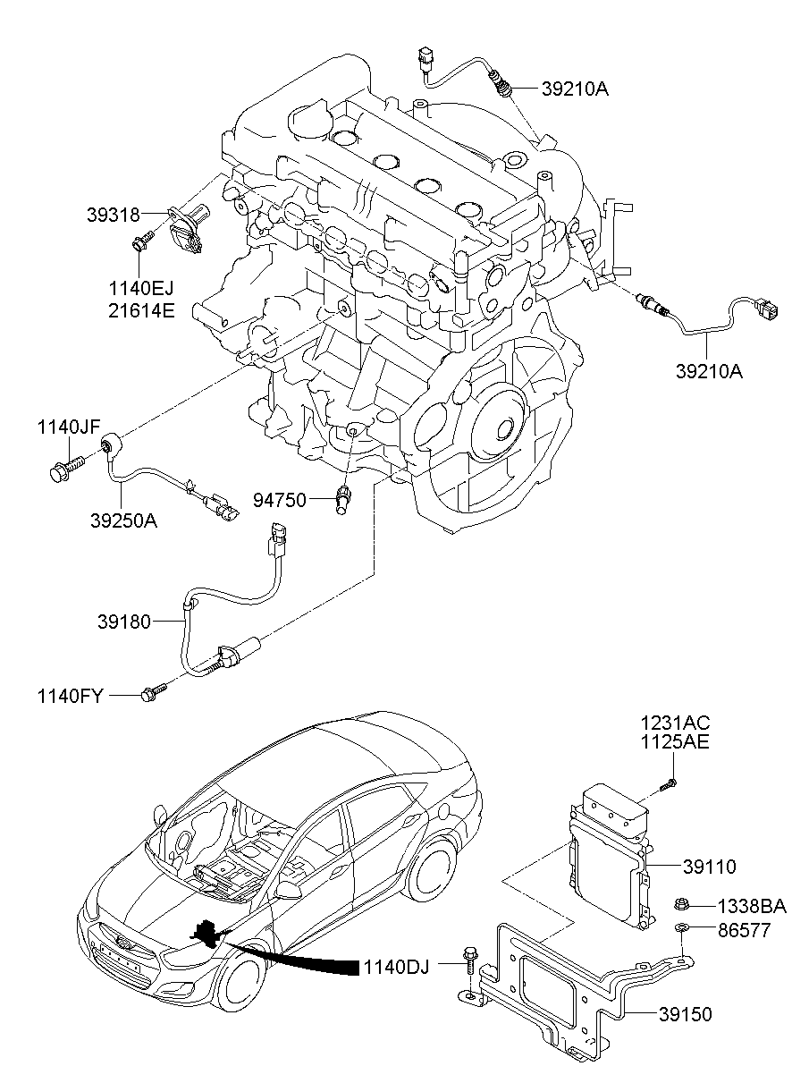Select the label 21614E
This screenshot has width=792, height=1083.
[141, 310]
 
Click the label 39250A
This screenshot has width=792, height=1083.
[123, 520]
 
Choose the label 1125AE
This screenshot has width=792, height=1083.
[675, 742]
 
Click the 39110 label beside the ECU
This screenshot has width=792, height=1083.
[709, 867]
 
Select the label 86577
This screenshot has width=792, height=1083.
[745, 930]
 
